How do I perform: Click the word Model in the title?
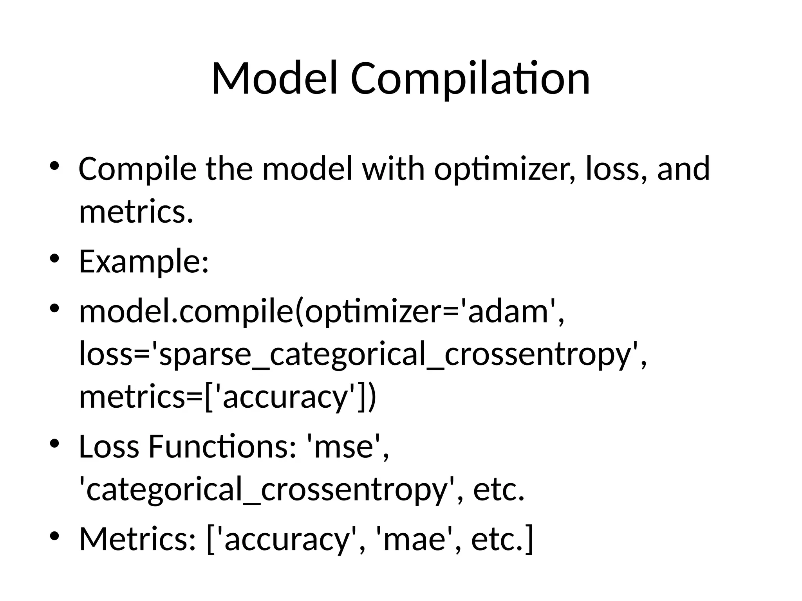(274, 79)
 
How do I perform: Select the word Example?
(144, 261)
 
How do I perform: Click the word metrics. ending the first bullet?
(136, 212)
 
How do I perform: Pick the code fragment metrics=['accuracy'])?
(228, 397)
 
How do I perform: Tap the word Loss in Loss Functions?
(109, 446)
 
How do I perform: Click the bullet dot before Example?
(54, 259)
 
